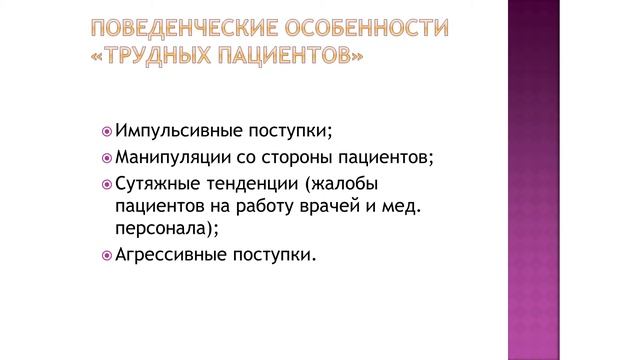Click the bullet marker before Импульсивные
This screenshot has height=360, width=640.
coord(107,132)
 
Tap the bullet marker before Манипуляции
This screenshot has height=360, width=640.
coord(107,157)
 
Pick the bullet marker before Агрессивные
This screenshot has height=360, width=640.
coord(107,255)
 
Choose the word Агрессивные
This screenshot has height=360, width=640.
coord(170,255)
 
